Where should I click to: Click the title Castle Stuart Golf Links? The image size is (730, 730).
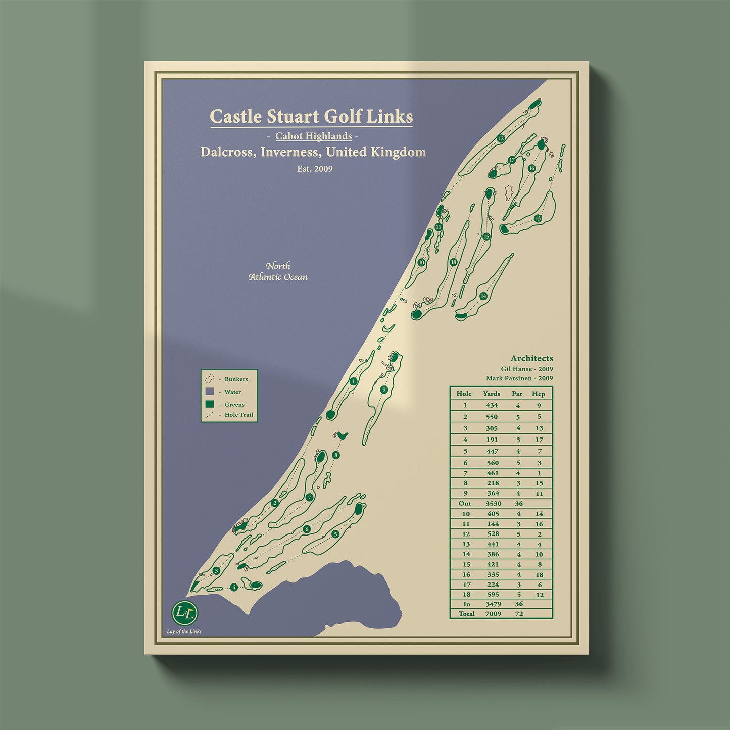point(311,116)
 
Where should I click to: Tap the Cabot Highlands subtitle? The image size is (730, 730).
point(313,136)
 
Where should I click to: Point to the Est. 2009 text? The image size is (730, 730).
point(315,169)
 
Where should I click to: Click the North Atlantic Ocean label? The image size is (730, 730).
point(278,271)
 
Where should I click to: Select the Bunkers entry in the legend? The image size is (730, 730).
point(236,379)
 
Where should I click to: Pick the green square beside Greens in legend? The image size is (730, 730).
point(210,404)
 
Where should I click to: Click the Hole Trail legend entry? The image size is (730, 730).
point(238,415)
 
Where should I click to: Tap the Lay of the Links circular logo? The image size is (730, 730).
point(185,613)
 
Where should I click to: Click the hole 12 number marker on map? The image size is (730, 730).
point(501,138)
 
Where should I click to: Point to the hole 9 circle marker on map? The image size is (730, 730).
point(384,390)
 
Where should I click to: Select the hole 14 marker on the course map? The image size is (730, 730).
point(483,296)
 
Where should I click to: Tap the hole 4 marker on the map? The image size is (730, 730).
point(234,587)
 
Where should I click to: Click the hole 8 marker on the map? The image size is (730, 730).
point(336,455)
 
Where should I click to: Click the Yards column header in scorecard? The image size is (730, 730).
point(491,394)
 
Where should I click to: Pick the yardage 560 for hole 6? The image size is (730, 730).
point(493,463)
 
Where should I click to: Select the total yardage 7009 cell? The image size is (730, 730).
point(493,614)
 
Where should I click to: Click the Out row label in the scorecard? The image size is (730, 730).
point(465,503)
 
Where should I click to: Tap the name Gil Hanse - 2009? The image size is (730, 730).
point(526,369)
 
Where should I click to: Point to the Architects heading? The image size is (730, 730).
point(531,358)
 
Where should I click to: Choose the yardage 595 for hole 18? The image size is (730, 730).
point(493,594)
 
